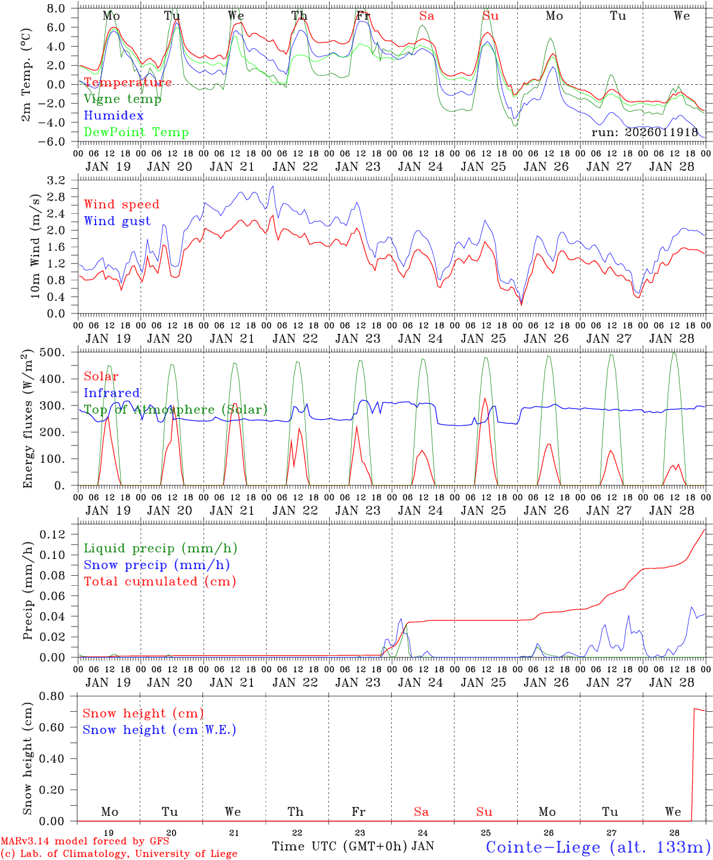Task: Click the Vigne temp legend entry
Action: [122, 99]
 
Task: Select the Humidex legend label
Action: [113, 116]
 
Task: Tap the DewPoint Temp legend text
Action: [136, 133]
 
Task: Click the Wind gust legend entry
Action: [117, 221]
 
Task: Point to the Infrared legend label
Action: [112, 393]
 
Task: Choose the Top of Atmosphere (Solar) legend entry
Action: [176, 410]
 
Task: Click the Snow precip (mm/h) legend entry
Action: [156, 565]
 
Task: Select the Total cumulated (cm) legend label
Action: [160, 582]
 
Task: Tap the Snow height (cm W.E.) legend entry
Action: [159, 730]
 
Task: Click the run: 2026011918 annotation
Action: [644, 133]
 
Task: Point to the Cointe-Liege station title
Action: [598, 847]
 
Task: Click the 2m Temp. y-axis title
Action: [26, 75]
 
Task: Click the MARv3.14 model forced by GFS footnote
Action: [85, 841]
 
